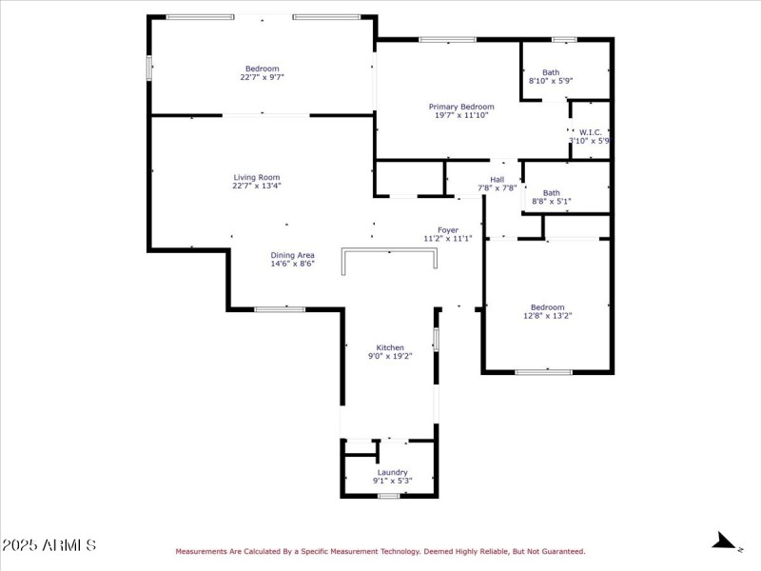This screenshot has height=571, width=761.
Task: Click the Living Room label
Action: point(257,177)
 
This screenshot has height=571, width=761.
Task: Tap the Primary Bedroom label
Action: point(461,107)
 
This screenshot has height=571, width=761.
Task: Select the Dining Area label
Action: point(292,255)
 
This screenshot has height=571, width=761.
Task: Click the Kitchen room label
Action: point(390,347)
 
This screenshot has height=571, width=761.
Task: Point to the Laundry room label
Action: point(392,472)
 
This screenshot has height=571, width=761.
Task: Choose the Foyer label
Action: point(447,229)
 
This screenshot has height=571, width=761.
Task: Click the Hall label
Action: point(497,179)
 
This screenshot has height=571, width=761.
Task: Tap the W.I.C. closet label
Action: point(589,132)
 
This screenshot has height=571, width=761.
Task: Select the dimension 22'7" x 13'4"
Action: point(257,187)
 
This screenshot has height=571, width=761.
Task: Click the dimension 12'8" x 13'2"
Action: point(547,316)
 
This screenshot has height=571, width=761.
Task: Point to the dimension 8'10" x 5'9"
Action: point(551,82)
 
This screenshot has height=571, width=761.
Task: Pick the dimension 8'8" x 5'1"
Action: point(551,202)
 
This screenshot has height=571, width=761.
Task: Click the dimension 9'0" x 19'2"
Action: point(390,357)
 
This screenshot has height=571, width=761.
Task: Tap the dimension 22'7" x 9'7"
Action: point(262,77)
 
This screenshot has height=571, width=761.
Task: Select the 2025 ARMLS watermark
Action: point(49,545)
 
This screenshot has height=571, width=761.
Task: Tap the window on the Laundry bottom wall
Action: point(388,496)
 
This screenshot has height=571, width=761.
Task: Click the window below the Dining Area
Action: point(280,308)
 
